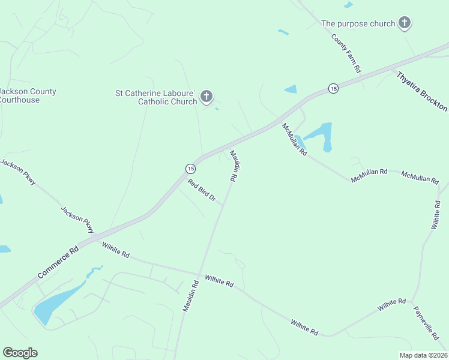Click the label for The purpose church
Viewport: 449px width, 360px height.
pos(358,23)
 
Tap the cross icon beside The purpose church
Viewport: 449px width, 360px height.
pos(405,23)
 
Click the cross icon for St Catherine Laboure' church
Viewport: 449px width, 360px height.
pos(206,96)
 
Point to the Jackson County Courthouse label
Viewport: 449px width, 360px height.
pos(27,95)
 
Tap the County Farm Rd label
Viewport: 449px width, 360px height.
pos(347,53)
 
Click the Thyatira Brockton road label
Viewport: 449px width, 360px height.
pos(422,91)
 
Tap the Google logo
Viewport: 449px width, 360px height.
pos(20,353)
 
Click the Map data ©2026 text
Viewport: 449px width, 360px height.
pos(423,355)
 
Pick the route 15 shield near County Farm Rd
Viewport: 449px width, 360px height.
pos(333,88)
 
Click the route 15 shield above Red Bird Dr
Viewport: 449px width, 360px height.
pos(190,168)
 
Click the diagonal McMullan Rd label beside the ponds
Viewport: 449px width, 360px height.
pos(295,139)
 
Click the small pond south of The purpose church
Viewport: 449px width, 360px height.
pos(291,89)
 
